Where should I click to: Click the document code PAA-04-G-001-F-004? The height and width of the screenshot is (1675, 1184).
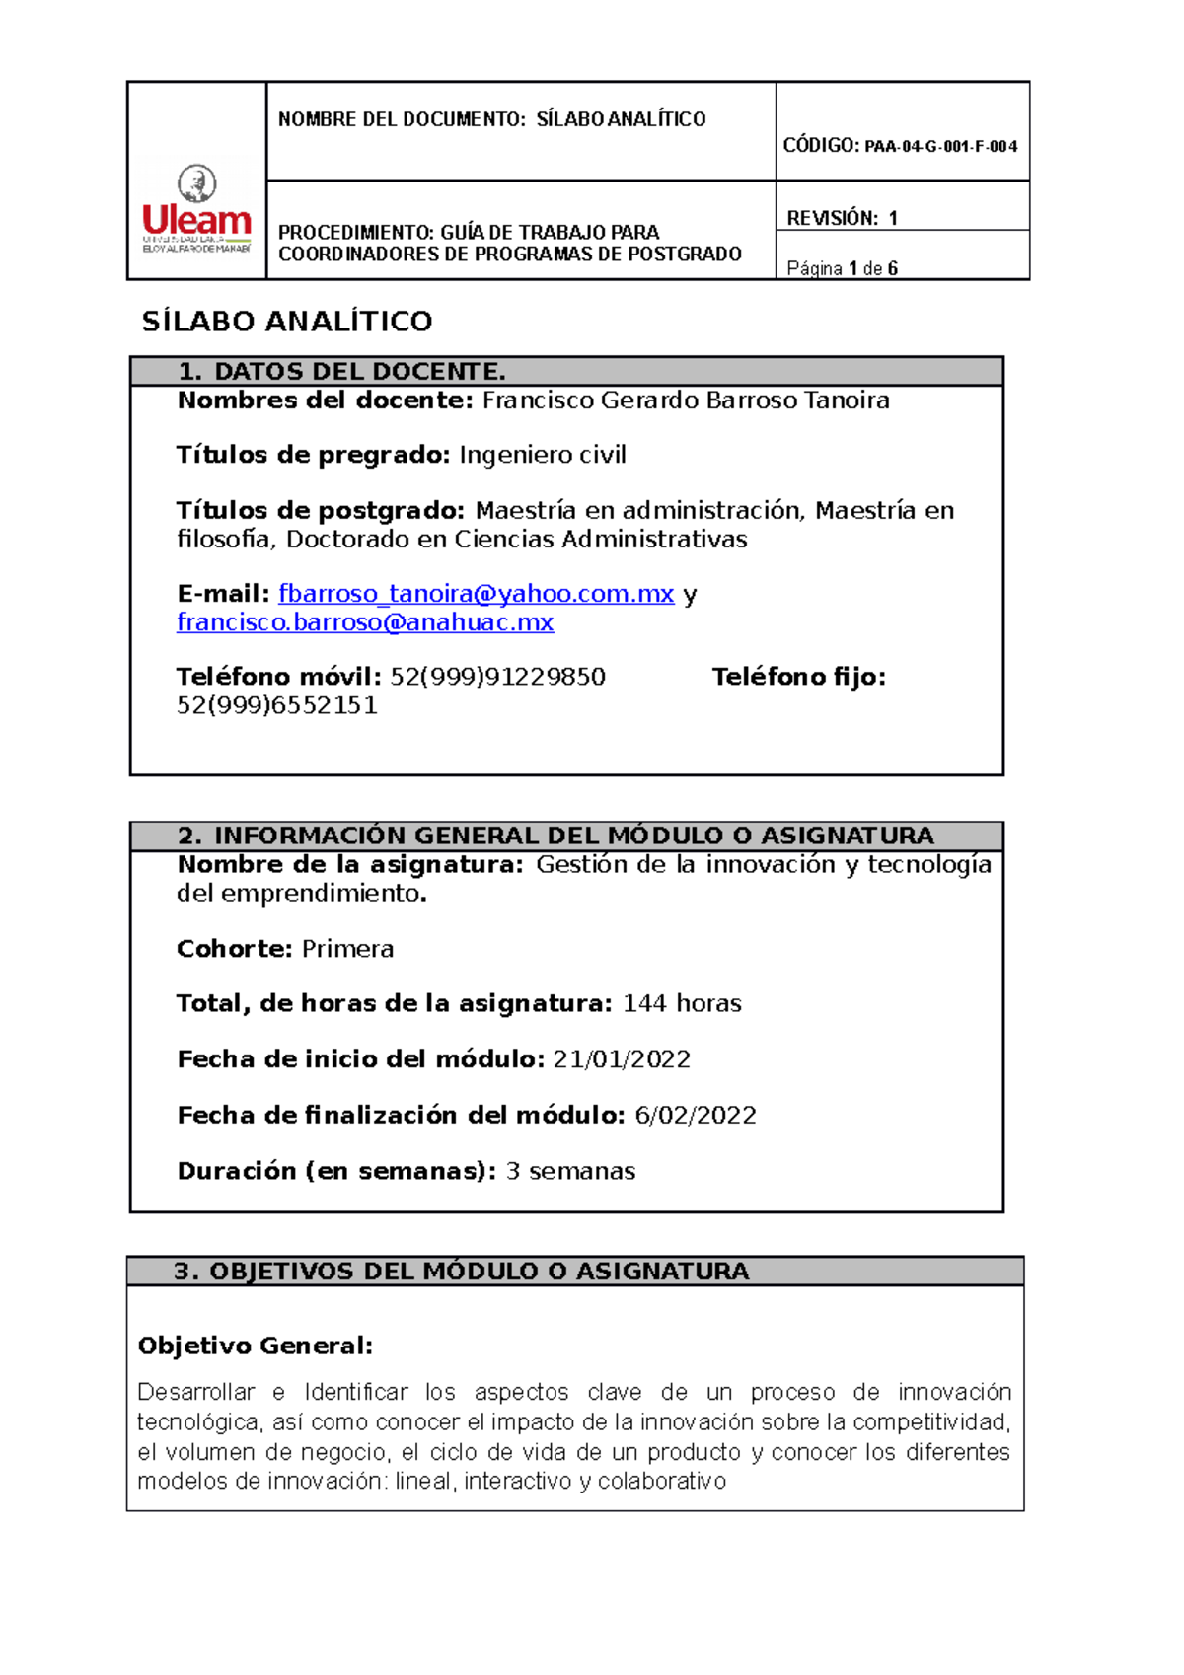(940, 147)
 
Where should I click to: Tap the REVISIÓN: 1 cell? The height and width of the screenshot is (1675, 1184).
(842, 218)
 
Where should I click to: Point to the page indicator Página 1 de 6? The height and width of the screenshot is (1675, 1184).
(842, 268)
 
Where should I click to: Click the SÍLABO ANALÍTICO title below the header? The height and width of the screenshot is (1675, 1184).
(287, 322)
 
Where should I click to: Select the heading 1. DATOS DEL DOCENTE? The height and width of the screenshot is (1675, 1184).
(341, 372)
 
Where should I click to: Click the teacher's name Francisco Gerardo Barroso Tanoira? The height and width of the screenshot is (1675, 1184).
(685, 401)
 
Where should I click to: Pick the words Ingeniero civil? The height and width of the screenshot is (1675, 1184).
(542, 455)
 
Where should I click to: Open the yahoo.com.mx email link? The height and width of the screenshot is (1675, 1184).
(476, 594)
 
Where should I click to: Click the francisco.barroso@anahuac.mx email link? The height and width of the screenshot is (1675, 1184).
(365, 622)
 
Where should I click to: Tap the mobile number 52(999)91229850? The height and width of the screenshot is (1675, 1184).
(497, 677)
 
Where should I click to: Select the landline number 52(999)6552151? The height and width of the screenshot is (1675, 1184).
(276, 705)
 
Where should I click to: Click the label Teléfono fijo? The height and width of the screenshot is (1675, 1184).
(798, 677)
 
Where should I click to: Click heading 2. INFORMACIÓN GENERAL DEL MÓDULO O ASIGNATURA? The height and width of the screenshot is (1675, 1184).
(555, 836)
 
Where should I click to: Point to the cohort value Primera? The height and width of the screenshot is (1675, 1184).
(347, 949)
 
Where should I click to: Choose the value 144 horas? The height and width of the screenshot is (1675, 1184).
(682, 1003)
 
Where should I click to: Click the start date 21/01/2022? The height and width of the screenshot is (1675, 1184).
(622, 1059)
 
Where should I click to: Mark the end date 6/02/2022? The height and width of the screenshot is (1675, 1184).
(695, 1115)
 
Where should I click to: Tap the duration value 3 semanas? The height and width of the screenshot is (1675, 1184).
(570, 1171)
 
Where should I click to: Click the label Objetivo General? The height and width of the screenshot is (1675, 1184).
(255, 1346)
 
